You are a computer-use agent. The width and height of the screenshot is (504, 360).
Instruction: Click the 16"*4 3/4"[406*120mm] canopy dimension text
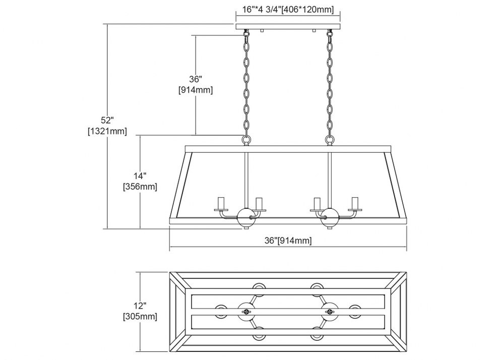pyautogui.click(x=288, y=9)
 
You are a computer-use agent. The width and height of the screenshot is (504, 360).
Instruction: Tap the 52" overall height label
pyautogui.click(x=107, y=120)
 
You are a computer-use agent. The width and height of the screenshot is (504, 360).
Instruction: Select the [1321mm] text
pyautogui.click(x=107, y=131)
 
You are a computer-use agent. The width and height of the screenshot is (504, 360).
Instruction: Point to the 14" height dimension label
pyautogui.click(x=140, y=175)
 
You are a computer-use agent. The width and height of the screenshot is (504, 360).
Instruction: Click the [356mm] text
pyautogui.click(x=140, y=187)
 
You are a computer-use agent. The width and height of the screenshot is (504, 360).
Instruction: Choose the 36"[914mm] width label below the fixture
pyautogui.click(x=288, y=240)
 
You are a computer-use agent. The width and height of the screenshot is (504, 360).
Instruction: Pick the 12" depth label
pyautogui.click(x=140, y=306)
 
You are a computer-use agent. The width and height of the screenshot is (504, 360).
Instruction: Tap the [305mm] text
pyautogui.click(x=140, y=317)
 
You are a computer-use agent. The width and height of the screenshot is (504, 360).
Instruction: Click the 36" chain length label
pyautogui.click(x=196, y=79)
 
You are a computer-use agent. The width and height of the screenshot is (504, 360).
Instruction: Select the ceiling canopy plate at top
pyautogui.click(x=288, y=26)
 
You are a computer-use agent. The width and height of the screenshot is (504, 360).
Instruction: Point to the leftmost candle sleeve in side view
pyautogui.click(x=221, y=203)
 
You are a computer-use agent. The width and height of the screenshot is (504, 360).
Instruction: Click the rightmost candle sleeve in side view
pyautogui.click(x=355, y=203)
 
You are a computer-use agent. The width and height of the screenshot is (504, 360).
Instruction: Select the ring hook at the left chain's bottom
pyautogui.click(x=246, y=140)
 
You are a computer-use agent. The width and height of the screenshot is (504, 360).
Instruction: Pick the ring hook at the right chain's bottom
pyautogui.click(x=330, y=140)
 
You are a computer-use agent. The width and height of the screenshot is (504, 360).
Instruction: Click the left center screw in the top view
pyautogui.click(x=246, y=311)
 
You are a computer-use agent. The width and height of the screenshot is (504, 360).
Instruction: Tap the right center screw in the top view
pyautogui.click(x=330, y=311)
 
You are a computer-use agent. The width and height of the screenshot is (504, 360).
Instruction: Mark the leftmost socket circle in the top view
pyautogui.click(x=221, y=311)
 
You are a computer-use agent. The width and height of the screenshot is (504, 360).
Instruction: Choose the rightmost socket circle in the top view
pyautogui.click(x=354, y=311)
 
